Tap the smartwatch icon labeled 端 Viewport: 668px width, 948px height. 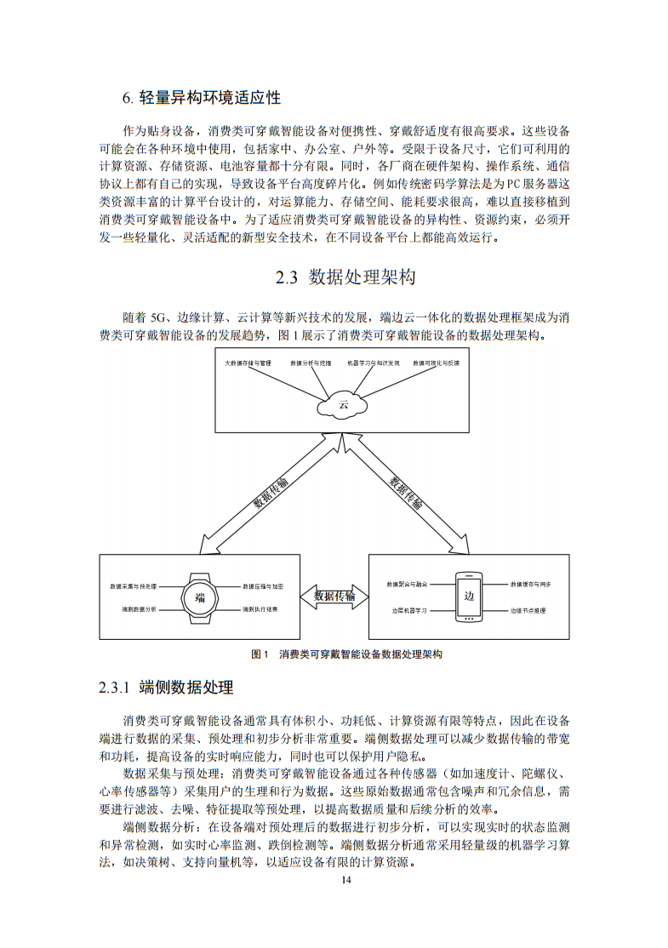coord(200,597)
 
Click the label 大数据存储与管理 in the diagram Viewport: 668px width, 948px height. coord(247,363)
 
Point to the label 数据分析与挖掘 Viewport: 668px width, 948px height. coord(309,363)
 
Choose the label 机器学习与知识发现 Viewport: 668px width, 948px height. coord(373,363)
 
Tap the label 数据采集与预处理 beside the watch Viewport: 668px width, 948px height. coord(133,586)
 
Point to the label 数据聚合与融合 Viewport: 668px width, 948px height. coord(407,585)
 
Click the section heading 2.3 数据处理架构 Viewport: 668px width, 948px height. coord(345,277)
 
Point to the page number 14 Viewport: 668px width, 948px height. coord(345,880)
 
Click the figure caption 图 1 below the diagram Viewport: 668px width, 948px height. coord(260,654)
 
